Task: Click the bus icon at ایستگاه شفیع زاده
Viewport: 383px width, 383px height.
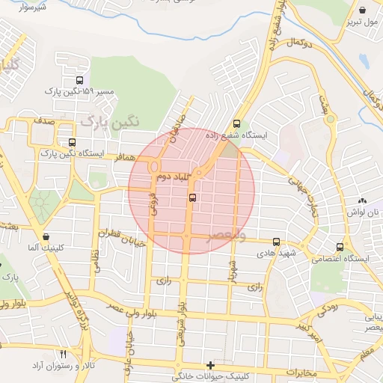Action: coord(237,123)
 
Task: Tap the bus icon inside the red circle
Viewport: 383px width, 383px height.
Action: coord(193,198)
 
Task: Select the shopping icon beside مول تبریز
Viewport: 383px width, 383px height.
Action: coord(363,10)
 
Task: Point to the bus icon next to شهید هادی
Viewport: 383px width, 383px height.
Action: coord(277,242)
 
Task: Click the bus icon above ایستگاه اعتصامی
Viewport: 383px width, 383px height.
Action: coord(340,246)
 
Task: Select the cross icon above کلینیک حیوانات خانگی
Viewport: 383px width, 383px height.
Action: coord(211,365)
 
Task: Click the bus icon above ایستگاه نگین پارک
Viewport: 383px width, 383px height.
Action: coord(72,142)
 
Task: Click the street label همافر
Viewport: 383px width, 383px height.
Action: coord(124,159)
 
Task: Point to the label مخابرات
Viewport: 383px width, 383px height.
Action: coord(303,373)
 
